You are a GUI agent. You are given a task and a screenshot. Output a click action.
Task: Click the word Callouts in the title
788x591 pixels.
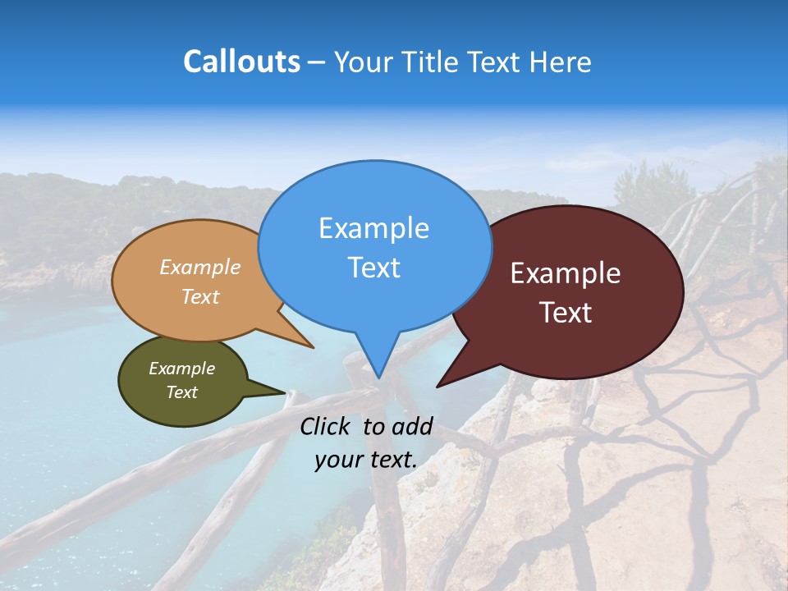tap(241, 62)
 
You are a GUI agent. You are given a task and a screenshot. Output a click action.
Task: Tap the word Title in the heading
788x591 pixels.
tap(433, 62)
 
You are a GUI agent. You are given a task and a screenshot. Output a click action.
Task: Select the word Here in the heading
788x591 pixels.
tap(560, 62)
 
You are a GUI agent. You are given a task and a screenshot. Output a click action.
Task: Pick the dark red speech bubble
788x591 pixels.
tap(607, 246)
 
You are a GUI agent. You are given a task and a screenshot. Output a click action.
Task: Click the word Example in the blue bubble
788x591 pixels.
tap(373, 228)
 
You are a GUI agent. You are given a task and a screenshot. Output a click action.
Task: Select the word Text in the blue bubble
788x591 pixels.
tap(373, 268)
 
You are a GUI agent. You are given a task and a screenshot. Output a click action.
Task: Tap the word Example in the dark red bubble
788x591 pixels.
tap(566, 273)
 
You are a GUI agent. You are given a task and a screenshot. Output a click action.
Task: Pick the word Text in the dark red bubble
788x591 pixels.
tap(566, 313)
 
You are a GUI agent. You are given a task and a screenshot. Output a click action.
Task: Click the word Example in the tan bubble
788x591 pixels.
tap(200, 268)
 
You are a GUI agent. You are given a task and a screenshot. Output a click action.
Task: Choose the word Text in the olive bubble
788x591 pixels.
tap(182, 392)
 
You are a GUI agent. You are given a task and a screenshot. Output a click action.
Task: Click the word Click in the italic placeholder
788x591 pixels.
tap(325, 426)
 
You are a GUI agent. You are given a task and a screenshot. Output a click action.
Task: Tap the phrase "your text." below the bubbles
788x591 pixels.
tap(365, 460)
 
